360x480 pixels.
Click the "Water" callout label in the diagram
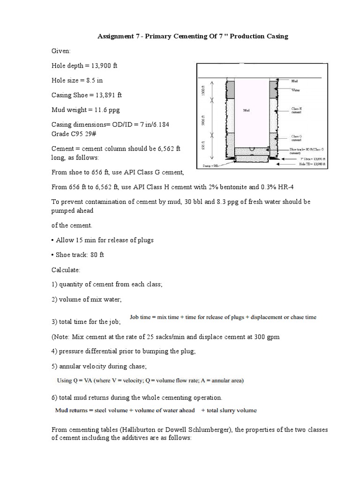[296, 90]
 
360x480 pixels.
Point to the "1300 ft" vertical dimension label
[202, 89]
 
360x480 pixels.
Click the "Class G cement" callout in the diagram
[297, 138]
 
